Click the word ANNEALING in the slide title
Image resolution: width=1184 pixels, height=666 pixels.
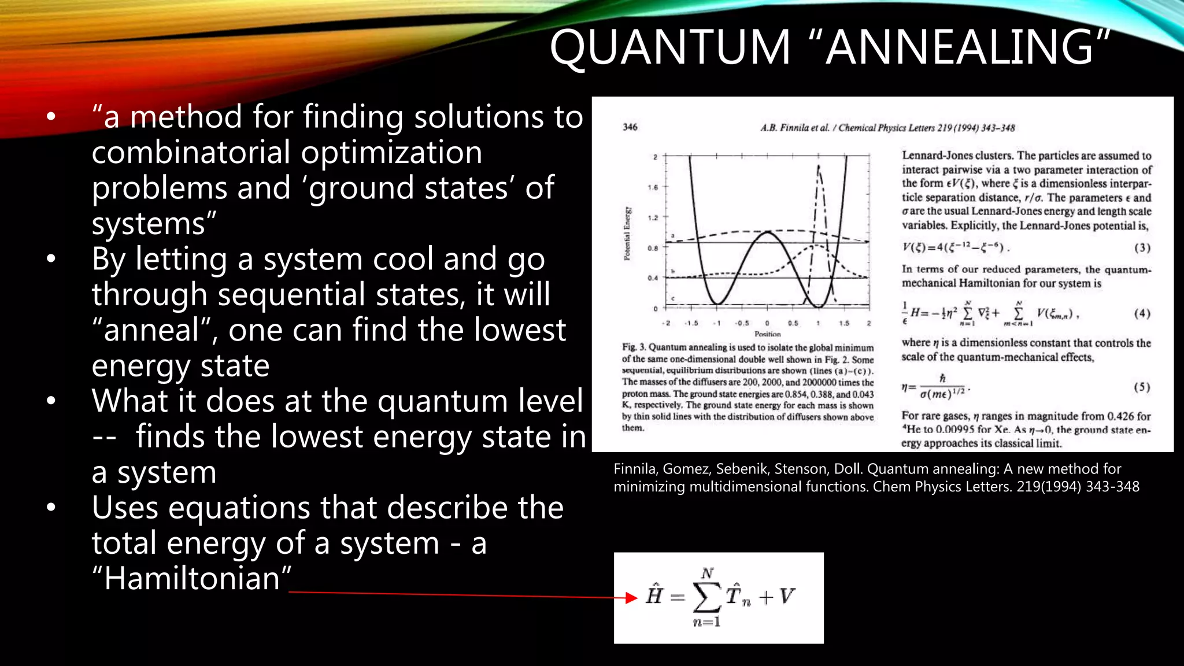pos(960,47)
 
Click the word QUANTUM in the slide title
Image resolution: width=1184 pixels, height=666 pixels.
pos(670,47)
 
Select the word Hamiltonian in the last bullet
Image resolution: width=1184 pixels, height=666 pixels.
pos(192,578)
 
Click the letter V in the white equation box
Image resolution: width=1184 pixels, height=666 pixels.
pos(786,596)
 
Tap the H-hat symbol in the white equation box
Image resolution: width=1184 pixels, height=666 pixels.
pos(654,595)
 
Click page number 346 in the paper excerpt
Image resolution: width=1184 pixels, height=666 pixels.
pos(630,127)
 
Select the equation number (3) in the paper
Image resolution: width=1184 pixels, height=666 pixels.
pos(1142,248)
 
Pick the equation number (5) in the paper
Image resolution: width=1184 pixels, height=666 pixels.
pos(1142,387)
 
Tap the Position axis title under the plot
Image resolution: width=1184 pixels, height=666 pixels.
pos(767,334)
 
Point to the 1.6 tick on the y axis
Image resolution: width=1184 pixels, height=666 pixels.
pos(653,187)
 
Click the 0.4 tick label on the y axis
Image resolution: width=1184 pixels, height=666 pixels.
pos(653,278)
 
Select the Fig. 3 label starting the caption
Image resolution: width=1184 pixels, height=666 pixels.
pos(634,347)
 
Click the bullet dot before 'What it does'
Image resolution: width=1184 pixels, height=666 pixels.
pos(51,401)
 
